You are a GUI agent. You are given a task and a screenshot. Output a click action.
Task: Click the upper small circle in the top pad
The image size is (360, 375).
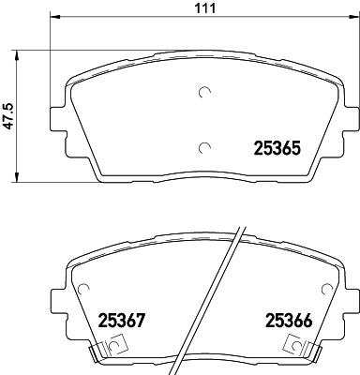coord(205,92)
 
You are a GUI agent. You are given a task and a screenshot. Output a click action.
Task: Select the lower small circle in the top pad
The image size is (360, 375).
coord(205,146)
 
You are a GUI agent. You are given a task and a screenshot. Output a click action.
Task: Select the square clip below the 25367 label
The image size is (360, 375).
coord(114,347)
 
